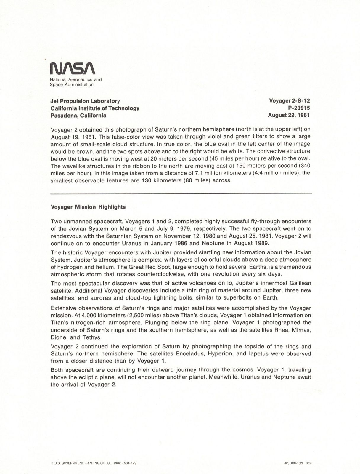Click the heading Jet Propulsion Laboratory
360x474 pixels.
click(x=85, y=101)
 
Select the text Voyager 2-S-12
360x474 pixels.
click(x=289, y=101)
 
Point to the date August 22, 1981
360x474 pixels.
click(x=289, y=115)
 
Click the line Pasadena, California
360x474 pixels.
click(x=78, y=116)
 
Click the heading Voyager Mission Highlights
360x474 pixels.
click(x=88, y=207)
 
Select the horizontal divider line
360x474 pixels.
click(x=181, y=193)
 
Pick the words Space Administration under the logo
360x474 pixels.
click(x=72, y=85)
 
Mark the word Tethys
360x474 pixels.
click(x=91, y=337)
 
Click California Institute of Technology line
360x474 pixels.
click(x=95, y=108)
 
